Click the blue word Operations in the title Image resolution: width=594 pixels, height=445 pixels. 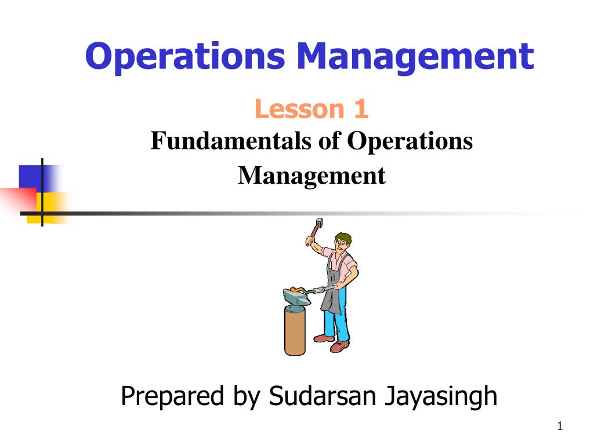pos(186,57)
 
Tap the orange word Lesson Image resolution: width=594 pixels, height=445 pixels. pos(291,110)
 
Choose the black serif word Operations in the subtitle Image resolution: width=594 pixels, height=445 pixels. pos(410,141)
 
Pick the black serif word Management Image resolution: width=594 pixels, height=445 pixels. pos(312,175)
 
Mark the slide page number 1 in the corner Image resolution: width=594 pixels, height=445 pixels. pos(560,427)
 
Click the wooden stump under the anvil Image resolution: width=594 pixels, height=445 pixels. pos(295,331)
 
